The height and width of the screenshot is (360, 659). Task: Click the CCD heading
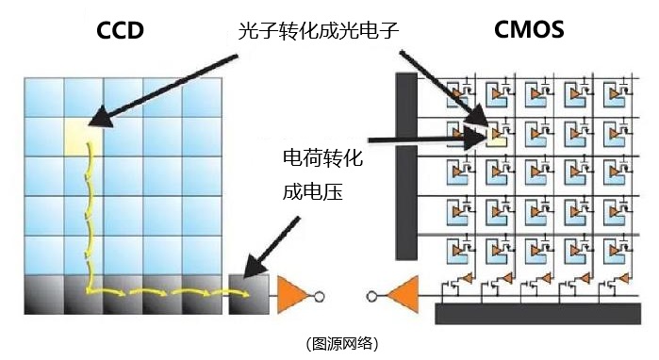121,30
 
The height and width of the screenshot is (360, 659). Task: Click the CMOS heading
529,29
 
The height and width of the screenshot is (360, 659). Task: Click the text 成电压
310,193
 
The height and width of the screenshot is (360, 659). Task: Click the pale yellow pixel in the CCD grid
83,136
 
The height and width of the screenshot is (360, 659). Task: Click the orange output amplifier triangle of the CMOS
402,295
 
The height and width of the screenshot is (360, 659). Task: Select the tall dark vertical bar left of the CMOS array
406,164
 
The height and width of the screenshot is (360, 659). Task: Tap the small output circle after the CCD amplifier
319,297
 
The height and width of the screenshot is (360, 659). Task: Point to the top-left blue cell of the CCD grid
43,96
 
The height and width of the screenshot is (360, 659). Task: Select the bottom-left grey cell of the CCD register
43,294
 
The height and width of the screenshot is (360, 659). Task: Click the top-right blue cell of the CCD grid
202,96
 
